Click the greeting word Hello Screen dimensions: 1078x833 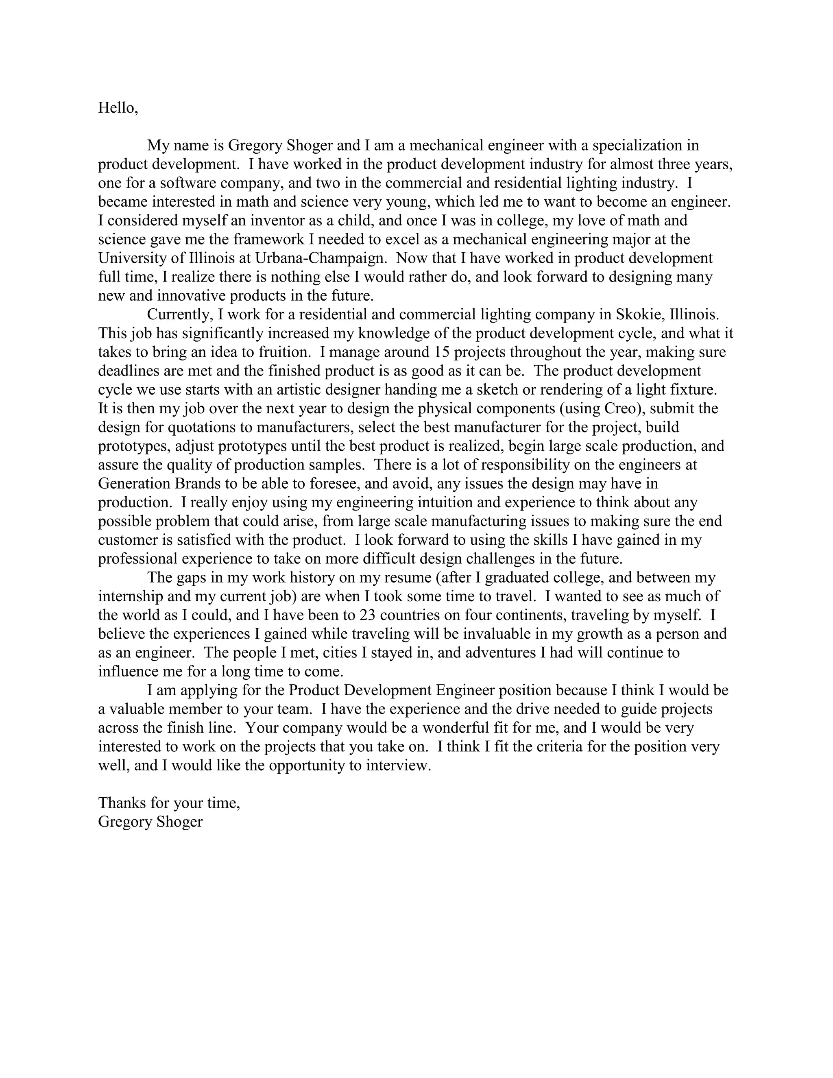(116, 108)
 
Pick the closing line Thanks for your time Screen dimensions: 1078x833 (169, 803)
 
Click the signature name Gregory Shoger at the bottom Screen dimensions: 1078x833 (150, 822)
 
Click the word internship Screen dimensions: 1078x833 (130, 596)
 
